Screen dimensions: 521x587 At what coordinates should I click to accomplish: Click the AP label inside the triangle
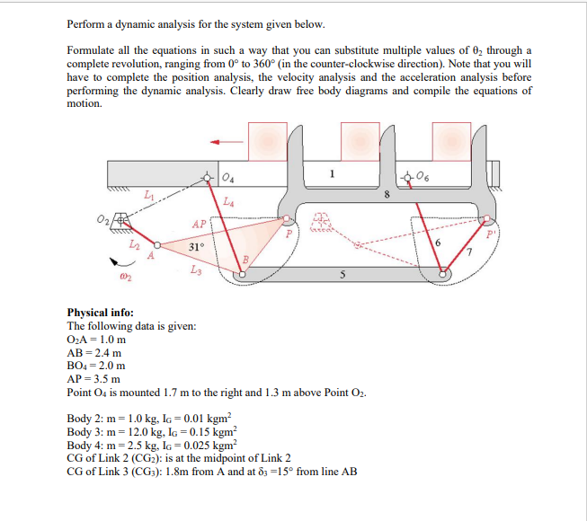(200, 223)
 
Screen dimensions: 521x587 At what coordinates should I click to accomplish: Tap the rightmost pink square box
(455, 141)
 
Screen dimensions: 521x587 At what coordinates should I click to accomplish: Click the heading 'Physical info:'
(101, 313)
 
